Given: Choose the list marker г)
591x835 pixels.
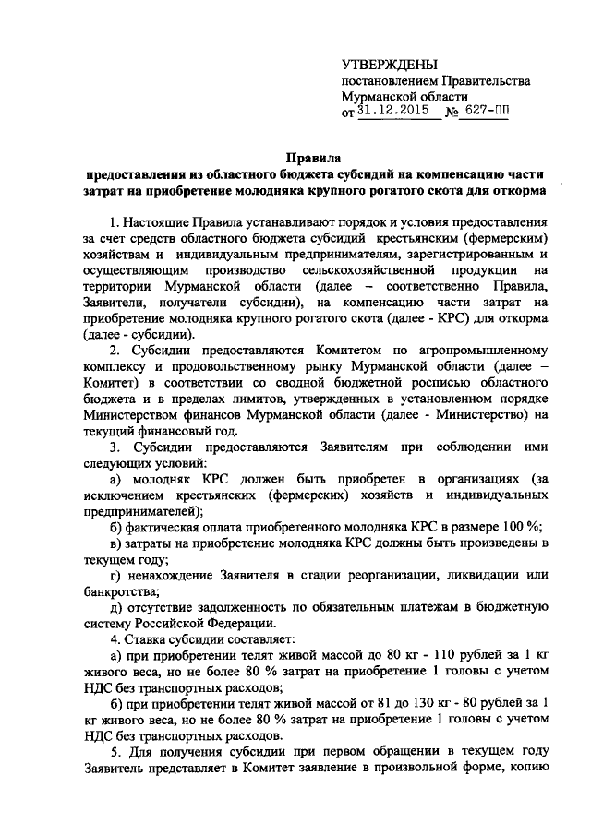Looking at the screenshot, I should click(x=116, y=575).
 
